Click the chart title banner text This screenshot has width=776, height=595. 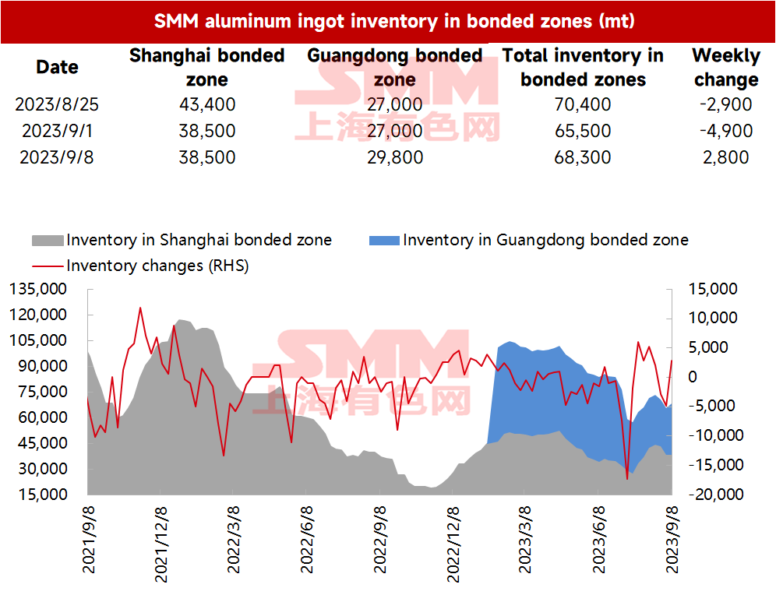pyautogui.click(x=394, y=21)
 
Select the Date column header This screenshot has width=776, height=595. pyautogui.click(x=57, y=67)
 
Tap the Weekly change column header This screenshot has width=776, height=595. pyautogui.click(x=726, y=67)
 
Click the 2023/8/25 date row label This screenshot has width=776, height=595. pyautogui.click(x=57, y=104)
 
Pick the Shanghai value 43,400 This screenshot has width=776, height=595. pyautogui.click(x=207, y=104)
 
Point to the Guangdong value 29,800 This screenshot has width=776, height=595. pyautogui.click(x=395, y=157)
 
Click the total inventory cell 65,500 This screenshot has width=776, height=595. pyautogui.click(x=583, y=131)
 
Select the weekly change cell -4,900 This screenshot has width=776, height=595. pyautogui.click(x=726, y=131)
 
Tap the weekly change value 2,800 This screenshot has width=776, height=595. pyautogui.click(x=726, y=157)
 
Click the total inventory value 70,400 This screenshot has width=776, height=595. pyautogui.click(x=583, y=104)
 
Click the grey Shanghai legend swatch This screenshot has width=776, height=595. pyautogui.click(x=48, y=241)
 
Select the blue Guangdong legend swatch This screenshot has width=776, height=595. pyautogui.click(x=384, y=241)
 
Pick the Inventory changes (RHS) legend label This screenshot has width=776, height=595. pyautogui.click(x=157, y=266)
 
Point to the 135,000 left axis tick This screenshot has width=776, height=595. pyautogui.click(x=38, y=289)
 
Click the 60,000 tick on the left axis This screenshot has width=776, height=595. pyautogui.click(x=42, y=417)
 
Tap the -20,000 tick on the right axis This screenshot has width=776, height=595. pyautogui.click(x=716, y=494)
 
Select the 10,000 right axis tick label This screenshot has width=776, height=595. pyautogui.click(x=713, y=318)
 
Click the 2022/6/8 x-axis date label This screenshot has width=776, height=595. pyautogui.click(x=307, y=540)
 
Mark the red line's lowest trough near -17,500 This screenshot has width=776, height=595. pyautogui.click(x=627, y=479)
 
